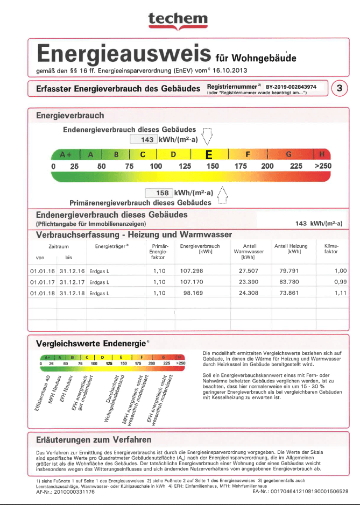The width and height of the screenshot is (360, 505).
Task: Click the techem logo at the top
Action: [178, 20]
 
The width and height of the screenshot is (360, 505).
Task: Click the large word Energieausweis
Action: [124, 54]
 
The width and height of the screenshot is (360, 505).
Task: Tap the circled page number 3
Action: [340, 88]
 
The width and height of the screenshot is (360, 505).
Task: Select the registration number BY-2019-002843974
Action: [291, 86]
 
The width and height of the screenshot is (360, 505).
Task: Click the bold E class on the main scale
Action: [208, 154]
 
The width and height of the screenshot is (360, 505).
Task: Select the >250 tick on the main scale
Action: [323, 166]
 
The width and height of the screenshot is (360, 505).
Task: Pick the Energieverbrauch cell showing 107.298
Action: [192, 271]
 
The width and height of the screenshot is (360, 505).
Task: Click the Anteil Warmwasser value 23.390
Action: [249, 282]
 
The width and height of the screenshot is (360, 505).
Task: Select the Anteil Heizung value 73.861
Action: [294, 294]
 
